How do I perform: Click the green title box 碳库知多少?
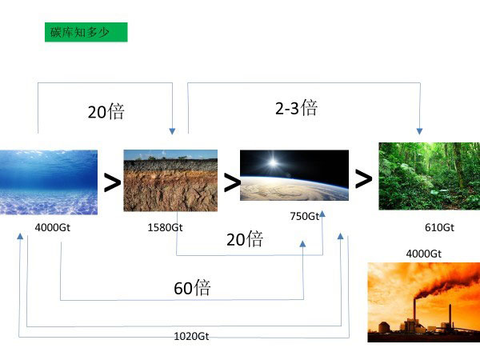(86, 32)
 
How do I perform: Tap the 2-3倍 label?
(296, 108)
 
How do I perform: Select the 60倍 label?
(192, 288)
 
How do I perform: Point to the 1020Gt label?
(191, 337)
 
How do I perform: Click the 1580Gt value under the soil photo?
(165, 227)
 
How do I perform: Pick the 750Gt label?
(305, 216)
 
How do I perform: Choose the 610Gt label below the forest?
(439, 227)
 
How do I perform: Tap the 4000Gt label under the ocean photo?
(52, 227)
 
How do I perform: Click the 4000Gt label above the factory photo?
(424, 254)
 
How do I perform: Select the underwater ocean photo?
(49, 182)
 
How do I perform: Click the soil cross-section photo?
(170, 181)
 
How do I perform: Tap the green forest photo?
(429, 176)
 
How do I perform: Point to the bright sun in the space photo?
(273, 162)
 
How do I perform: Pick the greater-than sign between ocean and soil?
(112, 182)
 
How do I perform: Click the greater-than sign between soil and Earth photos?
(232, 182)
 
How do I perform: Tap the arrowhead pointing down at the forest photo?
(419, 131)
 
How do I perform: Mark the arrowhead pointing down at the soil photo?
(172, 131)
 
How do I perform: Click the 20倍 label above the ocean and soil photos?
(106, 111)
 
